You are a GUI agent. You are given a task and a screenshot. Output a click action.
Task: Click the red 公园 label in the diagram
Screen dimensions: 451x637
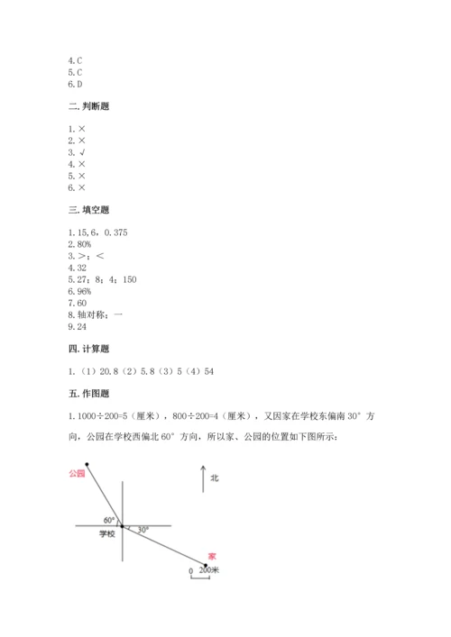(x=76, y=473)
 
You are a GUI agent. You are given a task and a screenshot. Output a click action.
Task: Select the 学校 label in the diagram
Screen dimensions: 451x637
(x=106, y=534)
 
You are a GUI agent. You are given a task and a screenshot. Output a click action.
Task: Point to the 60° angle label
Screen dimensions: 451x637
(x=108, y=520)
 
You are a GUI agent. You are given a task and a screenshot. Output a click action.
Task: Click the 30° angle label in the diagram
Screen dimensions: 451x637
(x=143, y=530)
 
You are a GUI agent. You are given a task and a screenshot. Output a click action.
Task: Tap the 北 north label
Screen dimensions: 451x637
(x=215, y=478)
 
